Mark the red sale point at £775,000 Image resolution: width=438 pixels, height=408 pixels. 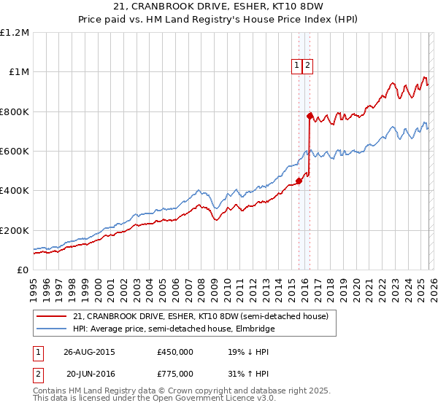click(310, 116)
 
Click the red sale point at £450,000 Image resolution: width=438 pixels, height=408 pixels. click(299, 181)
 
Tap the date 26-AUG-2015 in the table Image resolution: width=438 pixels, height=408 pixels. click(88, 351)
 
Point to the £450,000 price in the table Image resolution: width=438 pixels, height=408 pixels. click(175, 351)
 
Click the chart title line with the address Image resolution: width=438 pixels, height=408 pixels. click(219, 7)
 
